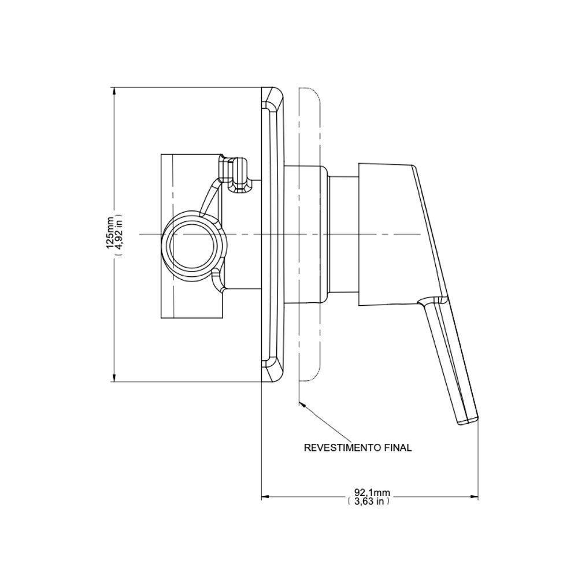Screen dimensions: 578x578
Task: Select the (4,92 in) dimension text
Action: pyautogui.click(x=118, y=234)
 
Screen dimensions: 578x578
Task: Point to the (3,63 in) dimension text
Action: pyautogui.click(x=369, y=502)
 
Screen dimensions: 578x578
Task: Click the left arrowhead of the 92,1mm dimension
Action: pyautogui.click(x=265, y=497)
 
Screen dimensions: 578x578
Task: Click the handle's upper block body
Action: pyautogui.click(x=393, y=231)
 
